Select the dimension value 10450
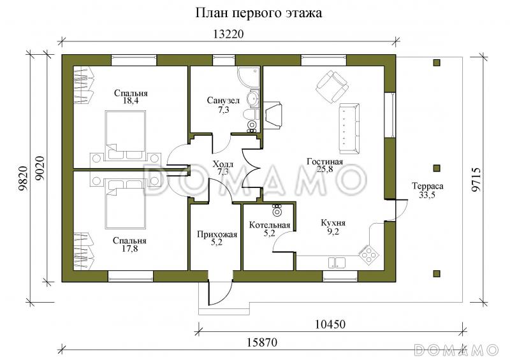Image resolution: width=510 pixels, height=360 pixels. pyautogui.click(x=330, y=324)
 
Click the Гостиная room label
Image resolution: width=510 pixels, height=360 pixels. pyautogui.click(x=324, y=161)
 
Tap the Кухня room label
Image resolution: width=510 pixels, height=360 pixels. pyautogui.click(x=333, y=224)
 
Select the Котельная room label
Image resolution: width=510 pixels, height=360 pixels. pyautogui.click(x=270, y=225)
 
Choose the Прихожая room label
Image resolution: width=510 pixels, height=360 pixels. pyautogui.click(x=217, y=234)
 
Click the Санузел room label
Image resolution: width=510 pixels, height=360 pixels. pyautogui.click(x=223, y=101)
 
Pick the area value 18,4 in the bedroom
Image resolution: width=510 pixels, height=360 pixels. pyautogui.click(x=130, y=101)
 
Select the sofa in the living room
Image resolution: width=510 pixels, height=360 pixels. pyautogui.click(x=348, y=128)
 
